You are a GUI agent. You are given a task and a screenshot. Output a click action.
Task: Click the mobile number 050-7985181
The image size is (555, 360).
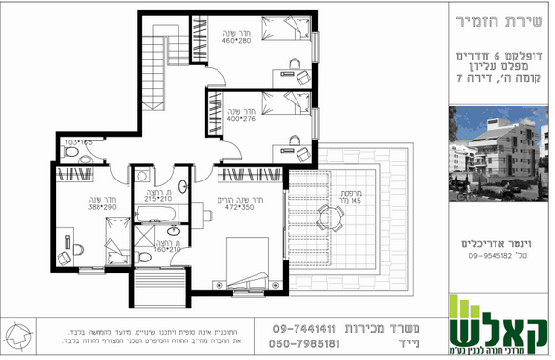point(305,343)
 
